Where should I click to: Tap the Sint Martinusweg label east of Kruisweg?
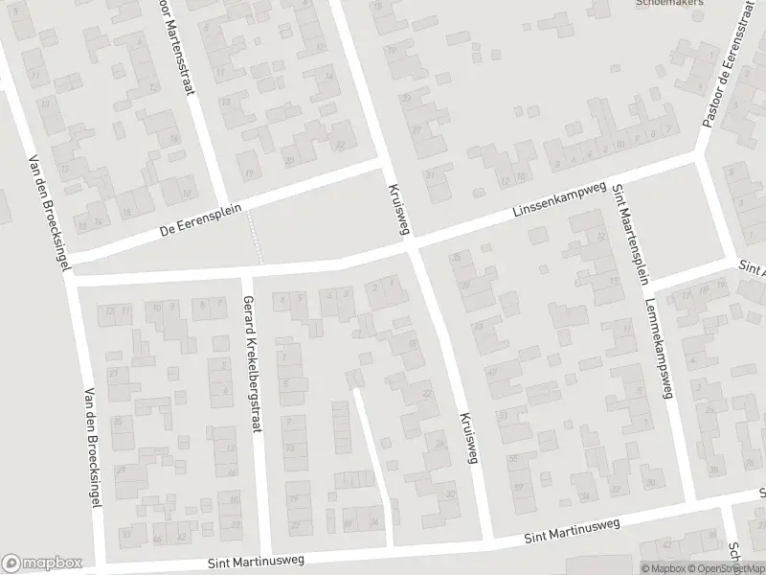(572, 532)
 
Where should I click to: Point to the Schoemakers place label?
(670, 4)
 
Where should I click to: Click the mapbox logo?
(41, 563)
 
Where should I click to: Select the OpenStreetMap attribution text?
(731, 568)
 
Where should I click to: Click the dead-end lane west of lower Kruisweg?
(373, 460)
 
